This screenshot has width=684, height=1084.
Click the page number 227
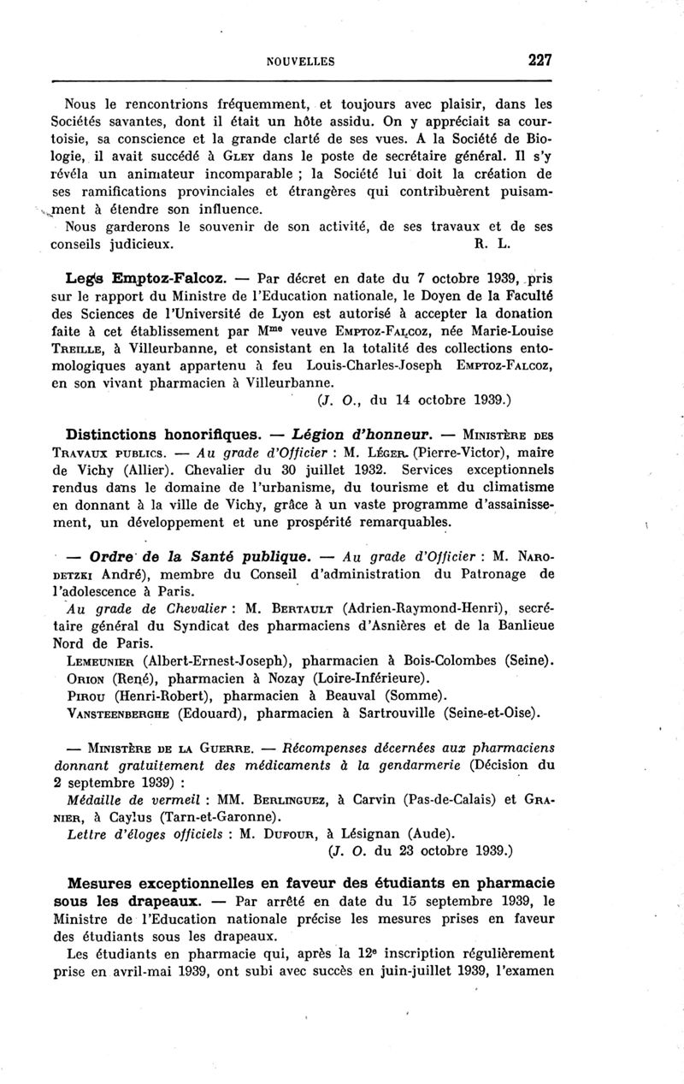540,60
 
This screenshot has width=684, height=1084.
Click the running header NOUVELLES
300,62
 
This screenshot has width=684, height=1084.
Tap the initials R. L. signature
492,243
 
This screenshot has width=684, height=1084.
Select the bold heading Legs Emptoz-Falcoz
146,279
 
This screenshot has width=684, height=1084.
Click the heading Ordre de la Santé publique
192,557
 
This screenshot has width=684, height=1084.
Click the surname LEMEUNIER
102,660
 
